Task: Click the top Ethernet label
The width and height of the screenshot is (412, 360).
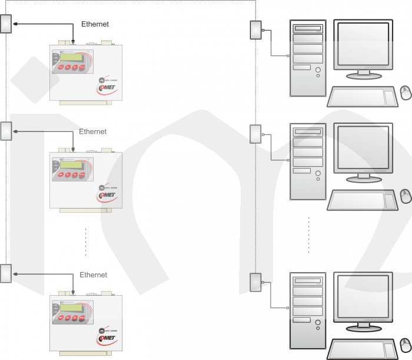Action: (95, 24)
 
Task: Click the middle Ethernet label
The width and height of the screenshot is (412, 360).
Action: (93, 131)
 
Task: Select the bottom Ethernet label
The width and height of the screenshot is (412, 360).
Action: (94, 275)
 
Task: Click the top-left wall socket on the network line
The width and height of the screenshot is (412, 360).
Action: (6, 24)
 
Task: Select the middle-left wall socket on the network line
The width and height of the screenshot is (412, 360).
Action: (6, 131)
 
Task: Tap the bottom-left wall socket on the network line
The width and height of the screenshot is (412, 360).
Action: (6, 274)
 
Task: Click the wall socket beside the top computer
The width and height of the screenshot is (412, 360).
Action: (255, 31)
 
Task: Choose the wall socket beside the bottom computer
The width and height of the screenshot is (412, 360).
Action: (255, 283)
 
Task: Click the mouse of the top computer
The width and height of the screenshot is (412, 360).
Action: (406, 93)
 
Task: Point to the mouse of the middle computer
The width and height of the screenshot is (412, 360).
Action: (406, 196)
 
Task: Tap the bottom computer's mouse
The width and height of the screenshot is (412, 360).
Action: (405, 345)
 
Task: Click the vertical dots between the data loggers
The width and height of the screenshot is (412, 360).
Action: (86, 242)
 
